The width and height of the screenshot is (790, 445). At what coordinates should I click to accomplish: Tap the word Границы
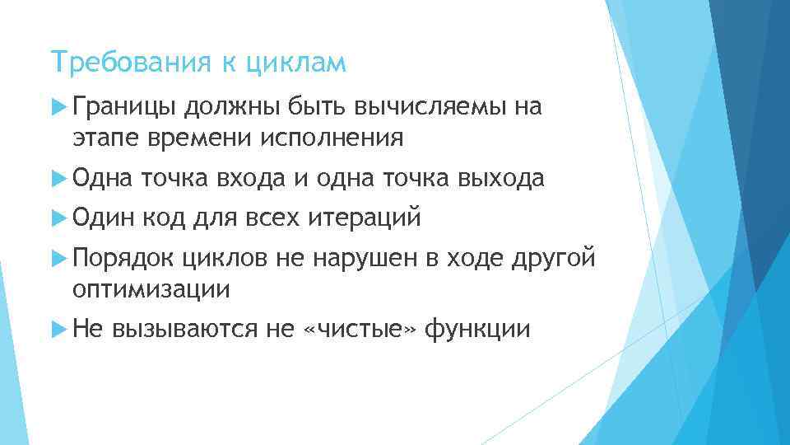click(123, 106)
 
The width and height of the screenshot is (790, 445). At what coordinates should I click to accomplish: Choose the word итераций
click(365, 218)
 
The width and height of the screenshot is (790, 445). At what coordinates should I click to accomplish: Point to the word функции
click(478, 330)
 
